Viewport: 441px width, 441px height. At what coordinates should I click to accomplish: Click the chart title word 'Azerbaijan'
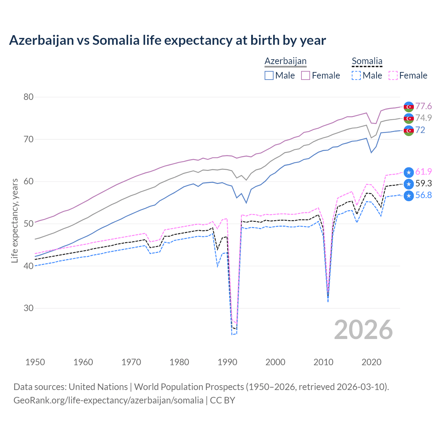click(41, 40)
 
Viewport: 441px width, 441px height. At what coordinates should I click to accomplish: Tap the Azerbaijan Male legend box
click(269, 75)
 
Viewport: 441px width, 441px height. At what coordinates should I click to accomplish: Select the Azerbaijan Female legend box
click(306, 75)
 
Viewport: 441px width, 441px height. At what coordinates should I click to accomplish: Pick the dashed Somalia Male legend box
click(356, 75)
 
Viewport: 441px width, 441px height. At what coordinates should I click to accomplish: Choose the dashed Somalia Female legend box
click(393, 75)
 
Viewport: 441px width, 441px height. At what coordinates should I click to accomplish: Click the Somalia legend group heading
click(367, 61)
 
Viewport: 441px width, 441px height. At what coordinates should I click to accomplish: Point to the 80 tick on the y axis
click(29, 97)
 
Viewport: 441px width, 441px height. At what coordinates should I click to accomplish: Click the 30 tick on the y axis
click(29, 308)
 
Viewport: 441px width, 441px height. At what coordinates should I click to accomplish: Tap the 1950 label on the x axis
click(35, 362)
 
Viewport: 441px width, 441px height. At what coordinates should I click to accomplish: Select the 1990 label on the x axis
click(227, 362)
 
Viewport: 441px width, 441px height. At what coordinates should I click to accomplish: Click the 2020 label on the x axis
click(371, 362)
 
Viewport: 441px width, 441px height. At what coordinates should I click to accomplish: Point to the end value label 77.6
click(423, 106)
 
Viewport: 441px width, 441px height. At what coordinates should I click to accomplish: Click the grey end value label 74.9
click(423, 118)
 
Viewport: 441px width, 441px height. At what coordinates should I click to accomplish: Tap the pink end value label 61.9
click(423, 172)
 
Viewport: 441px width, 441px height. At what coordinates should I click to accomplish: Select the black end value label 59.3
click(423, 183)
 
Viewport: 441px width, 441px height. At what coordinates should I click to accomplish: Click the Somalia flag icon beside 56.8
click(409, 196)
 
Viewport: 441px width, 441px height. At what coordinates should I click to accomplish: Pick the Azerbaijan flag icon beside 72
click(409, 131)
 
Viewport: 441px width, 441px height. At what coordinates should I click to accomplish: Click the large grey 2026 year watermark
click(363, 330)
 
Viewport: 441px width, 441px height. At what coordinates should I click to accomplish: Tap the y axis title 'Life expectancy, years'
click(14, 220)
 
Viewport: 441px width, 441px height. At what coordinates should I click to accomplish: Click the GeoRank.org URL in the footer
click(108, 400)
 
